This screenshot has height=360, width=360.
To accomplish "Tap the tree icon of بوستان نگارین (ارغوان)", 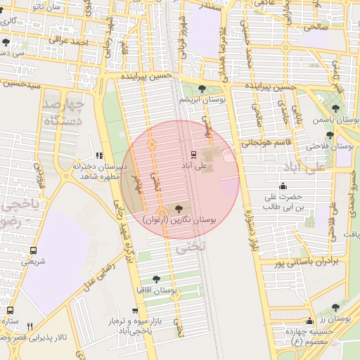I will coord(177,209).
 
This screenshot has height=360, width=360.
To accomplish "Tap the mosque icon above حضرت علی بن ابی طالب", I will coord(283,186).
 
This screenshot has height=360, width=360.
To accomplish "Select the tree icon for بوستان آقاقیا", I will coord(156,279).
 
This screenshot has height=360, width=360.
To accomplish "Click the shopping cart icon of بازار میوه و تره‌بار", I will coord(135,310).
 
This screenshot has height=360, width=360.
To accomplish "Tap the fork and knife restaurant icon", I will coord(30,326).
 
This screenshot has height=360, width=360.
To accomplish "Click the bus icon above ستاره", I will coord(10,310).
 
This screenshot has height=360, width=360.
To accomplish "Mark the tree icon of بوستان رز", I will coord(335,307).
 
